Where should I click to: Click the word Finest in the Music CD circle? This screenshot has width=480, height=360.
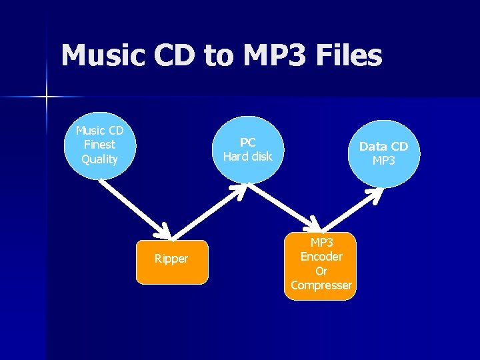pos(99,145)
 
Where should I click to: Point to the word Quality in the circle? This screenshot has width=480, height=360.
pos(99,159)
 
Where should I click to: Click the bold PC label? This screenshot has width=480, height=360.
pos(248,143)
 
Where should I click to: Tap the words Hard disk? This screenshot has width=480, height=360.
pos(248,157)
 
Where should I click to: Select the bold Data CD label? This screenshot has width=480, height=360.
pos(384,147)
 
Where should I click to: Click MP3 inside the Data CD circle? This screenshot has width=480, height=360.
pos(384,161)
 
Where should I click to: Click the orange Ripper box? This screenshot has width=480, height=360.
pos(171,259)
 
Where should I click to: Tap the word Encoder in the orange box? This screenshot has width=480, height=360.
pos(321,257)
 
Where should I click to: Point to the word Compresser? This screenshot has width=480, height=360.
pos(321,285)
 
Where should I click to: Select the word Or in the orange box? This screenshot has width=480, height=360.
pos(321,271)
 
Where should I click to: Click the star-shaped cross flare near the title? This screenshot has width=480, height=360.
pos(47,98)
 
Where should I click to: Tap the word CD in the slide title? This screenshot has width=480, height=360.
pos(175,55)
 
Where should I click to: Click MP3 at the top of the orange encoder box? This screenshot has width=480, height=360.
pos(321,242)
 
